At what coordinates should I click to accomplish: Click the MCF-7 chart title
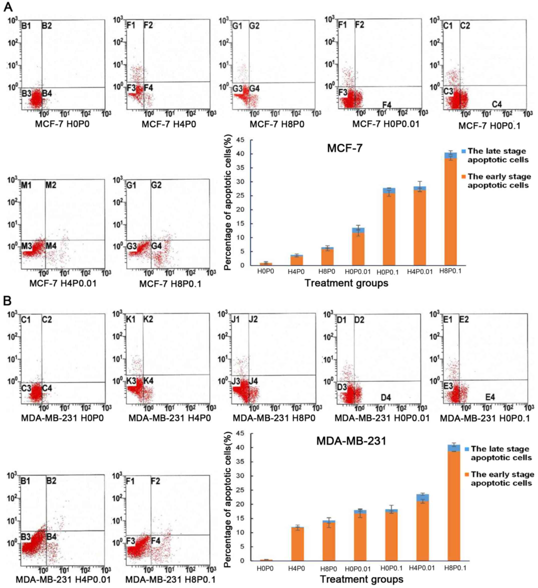coord(345,148)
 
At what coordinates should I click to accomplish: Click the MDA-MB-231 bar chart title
coord(351,441)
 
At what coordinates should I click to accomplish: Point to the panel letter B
coord(7,301)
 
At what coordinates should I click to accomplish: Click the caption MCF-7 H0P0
coord(62,124)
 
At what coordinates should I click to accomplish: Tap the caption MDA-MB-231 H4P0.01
coord(63,579)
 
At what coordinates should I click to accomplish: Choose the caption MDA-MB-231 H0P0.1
coord(485,418)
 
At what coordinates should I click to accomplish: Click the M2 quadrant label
coord(51,185)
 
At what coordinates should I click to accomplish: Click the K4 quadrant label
coord(148,381)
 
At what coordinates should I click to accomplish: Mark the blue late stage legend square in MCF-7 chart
coord(464,151)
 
